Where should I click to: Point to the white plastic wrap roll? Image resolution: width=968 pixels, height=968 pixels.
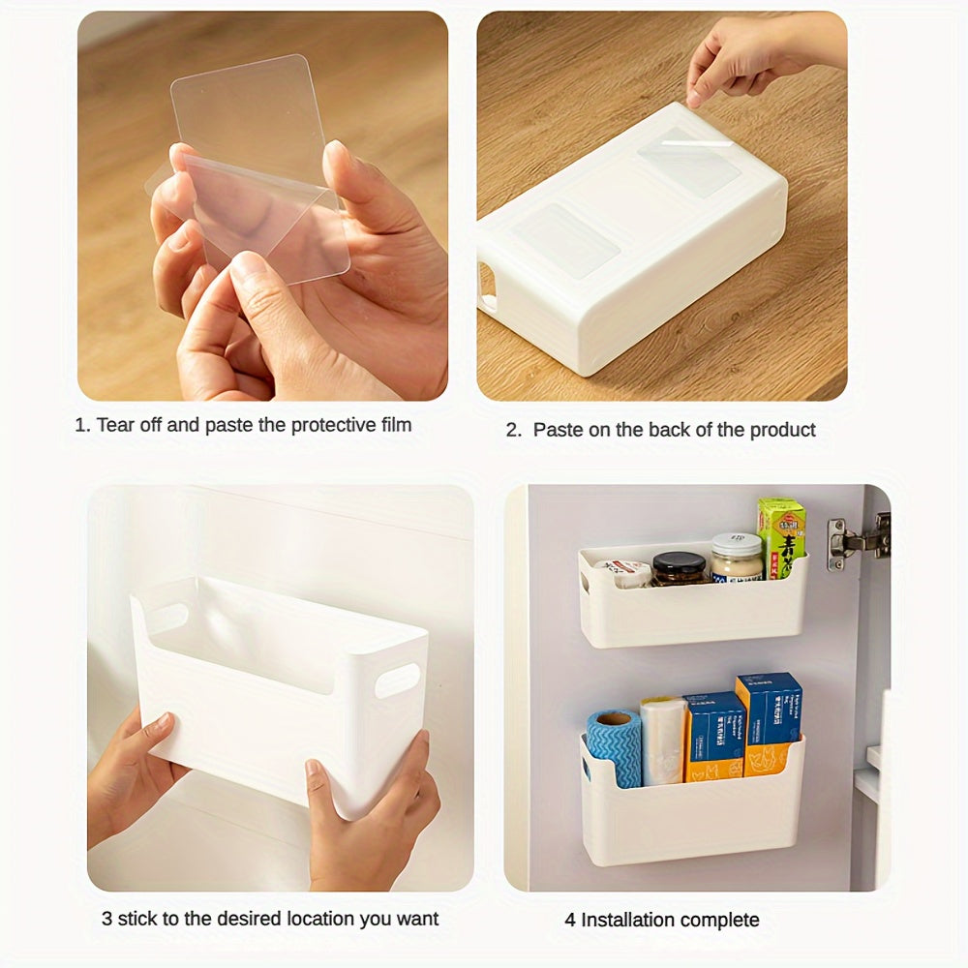663,740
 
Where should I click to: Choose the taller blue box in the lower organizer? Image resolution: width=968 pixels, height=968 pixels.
769,721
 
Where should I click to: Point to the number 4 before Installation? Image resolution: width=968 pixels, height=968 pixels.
570,920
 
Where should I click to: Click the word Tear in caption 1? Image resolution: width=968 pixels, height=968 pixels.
115,425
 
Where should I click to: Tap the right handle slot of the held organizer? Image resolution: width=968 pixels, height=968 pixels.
397,680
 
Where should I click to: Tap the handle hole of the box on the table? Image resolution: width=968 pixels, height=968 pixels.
487,287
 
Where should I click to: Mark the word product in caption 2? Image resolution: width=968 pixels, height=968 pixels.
783,430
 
